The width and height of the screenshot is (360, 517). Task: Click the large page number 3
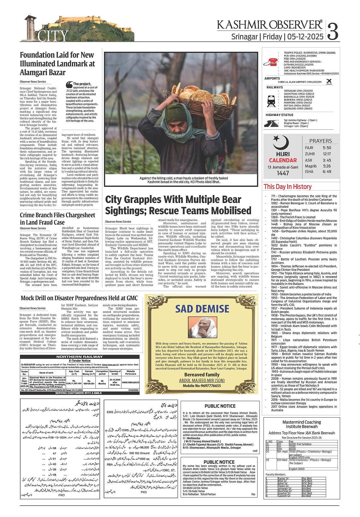pos(333,30)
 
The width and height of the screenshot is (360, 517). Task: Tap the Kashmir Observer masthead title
pos(270,25)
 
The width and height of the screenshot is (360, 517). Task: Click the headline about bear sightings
pos(178,205)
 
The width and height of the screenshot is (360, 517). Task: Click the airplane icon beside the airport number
pos(329,82)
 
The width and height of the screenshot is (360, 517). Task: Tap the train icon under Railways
pos(271,100)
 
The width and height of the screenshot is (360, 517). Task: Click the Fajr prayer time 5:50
pos(327,148)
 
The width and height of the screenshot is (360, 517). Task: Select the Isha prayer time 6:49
pos(327,172)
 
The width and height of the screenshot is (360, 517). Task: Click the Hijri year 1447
pos(283,173)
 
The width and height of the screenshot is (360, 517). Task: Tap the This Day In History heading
pos(287,187)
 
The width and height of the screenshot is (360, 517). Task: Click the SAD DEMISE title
pos(202,309)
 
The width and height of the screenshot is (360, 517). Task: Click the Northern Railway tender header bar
pos(80,357)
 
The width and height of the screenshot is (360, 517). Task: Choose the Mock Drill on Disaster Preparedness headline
pos(79,298)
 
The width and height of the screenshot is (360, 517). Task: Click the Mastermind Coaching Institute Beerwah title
pos(302,424)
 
